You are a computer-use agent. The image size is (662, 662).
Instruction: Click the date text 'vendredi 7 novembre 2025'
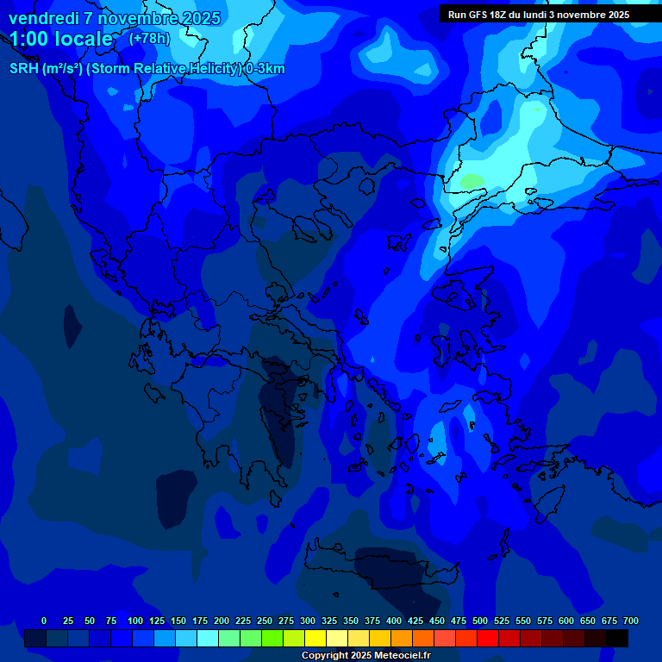(x=115, y=18)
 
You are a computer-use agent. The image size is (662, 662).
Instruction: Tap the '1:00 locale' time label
(x=61, y=39)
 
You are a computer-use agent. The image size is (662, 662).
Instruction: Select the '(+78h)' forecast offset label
(x=149, y=39)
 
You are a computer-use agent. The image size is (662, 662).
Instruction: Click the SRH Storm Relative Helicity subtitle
(x=147, y=69)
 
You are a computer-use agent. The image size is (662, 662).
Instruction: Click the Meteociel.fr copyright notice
(x=365, y=655)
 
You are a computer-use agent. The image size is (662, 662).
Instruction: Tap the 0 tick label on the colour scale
(x=44, y=621)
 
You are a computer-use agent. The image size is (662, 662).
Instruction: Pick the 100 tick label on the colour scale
(x=135, y=621)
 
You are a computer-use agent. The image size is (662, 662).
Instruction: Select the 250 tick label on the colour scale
(x=265, y=621)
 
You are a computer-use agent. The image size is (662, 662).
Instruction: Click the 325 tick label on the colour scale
(x=329, y=621)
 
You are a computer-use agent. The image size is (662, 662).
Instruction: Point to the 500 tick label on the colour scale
(x=480, y=621)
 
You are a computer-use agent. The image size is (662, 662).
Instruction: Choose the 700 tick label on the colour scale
(x=631, y=621)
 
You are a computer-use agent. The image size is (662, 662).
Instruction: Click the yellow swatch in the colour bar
(x=315, y=638)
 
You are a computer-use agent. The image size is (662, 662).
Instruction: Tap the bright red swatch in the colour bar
(x=488, y=638)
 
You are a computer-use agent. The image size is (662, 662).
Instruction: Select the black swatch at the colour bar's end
(x=617, y=638)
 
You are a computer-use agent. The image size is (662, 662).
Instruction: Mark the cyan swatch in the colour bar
(x=208, y=638)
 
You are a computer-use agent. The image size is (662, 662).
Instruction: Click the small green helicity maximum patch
(x=472, y=181)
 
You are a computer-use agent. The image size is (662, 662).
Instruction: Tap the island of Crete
(x=388, y=573)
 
